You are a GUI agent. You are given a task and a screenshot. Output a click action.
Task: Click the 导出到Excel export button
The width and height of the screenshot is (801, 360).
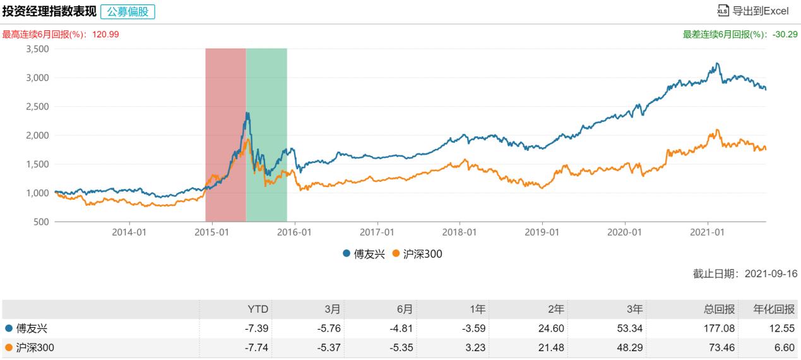(753, 11)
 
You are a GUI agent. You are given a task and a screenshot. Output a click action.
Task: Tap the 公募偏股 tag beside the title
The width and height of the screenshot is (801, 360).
(127, 11)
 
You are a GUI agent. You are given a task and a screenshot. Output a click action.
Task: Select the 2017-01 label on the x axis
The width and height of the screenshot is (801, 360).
(377, 232)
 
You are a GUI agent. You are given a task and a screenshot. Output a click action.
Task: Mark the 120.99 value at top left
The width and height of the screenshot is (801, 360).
(105, 34)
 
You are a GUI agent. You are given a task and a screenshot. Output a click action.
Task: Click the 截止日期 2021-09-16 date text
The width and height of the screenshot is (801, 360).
(745, 274)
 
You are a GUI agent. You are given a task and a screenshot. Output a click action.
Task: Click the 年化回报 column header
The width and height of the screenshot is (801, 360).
(775, 309)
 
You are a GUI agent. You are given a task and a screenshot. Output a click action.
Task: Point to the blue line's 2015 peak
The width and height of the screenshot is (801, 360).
(247, 113)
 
